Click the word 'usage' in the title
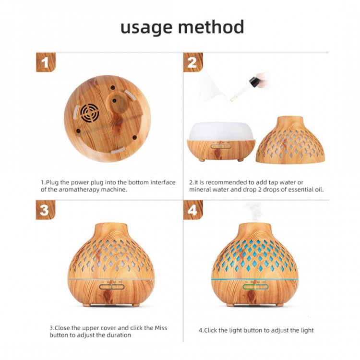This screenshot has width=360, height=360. (x=146, y=28)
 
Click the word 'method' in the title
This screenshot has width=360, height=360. (x=211, y=26)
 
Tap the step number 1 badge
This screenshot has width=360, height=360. (x=46, y=62)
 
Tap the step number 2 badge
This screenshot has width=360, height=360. (x=193, y=62)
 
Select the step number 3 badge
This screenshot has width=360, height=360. (x=46, y=210)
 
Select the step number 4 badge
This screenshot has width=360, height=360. (x=193, y=210)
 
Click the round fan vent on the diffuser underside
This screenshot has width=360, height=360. (x=90, y=112)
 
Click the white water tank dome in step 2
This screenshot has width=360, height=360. (x=221, y=131)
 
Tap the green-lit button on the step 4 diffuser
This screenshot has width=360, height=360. (x=249, y=287)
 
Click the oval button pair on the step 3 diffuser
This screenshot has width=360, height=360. (x=111, y=287)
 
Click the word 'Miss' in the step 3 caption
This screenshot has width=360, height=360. (x=161, y=328)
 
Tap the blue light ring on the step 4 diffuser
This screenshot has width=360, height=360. (x=254, y=279)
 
